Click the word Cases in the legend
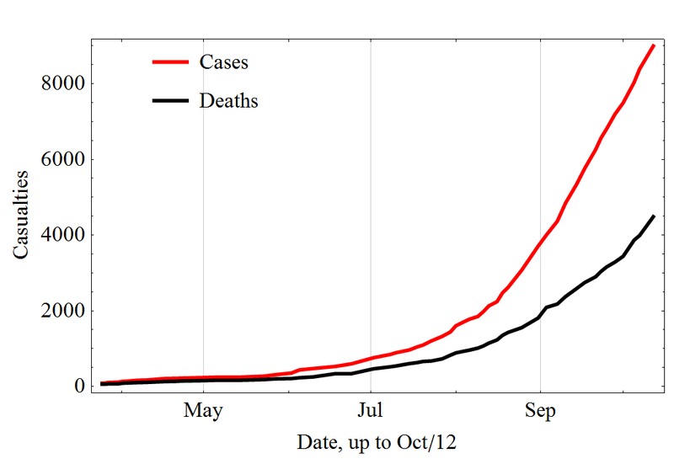point(223,61)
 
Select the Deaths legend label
point(228,101)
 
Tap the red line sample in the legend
point(171,61)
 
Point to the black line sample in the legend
point(171,100)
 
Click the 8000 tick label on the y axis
point(63,83)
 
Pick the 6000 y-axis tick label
point(63,159)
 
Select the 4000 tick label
point(63,235)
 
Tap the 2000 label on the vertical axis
point(63,310)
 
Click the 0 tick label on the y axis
point(79,386)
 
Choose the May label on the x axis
point(203,411)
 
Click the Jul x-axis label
point(370,410)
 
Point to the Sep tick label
point(540,411)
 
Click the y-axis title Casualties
point(20,215)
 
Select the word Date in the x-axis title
point(318,442)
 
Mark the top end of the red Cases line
point(654,45)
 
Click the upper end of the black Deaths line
point(654,216)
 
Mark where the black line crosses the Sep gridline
point(540,315)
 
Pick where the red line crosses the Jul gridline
point(371,358)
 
